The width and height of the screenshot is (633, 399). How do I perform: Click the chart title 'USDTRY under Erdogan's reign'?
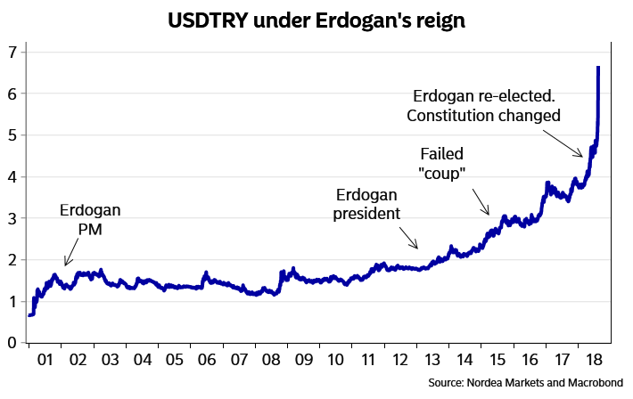(316, 20)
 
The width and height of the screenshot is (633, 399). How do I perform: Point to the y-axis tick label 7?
(12, 52)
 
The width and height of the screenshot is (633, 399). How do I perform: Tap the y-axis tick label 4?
(12, 176)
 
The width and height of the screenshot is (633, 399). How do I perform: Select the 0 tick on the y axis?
(12, 343)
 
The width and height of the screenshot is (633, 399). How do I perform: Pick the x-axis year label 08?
(270, 361)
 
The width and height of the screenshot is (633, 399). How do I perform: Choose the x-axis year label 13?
(432, 361)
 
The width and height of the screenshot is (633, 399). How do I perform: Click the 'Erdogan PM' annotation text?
(90, 220)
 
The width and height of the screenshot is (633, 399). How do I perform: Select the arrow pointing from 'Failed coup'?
(480, 202)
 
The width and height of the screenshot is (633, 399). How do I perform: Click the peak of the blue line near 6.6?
(598, 68)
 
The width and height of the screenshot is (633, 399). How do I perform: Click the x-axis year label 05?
(174, 361)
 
